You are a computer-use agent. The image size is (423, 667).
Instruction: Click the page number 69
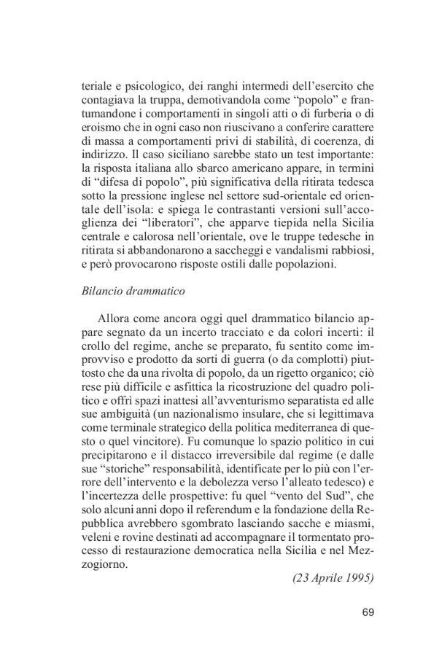click(367, 612)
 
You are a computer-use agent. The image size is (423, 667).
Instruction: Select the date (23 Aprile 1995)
click(333, 579)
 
